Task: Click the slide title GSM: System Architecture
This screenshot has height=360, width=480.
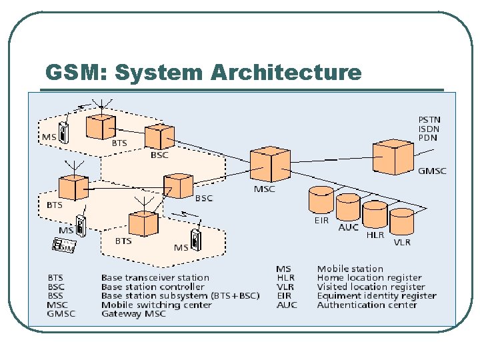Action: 203,72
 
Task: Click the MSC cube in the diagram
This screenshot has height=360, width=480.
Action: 270,163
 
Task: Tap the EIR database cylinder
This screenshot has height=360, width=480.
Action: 321,200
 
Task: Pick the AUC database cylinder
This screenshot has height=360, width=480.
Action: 348,208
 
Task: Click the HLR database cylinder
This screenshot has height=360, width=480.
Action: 375,215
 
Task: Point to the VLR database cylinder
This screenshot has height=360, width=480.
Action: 401,222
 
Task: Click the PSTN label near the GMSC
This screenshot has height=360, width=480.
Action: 429,120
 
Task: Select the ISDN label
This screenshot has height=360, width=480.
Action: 429,129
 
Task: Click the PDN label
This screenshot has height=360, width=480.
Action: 427,137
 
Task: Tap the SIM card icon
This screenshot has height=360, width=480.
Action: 64,245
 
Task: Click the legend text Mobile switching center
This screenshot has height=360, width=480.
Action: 156,305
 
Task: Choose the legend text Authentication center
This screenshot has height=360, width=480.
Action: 367,305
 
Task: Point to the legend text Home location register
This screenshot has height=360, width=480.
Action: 369,277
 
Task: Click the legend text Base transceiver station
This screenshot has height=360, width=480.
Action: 155,277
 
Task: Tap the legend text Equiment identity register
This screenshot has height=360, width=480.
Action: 377,295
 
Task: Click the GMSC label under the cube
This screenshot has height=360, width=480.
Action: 431,171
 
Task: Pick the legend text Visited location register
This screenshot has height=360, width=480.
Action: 371,287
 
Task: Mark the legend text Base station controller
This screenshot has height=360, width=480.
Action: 153,287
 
